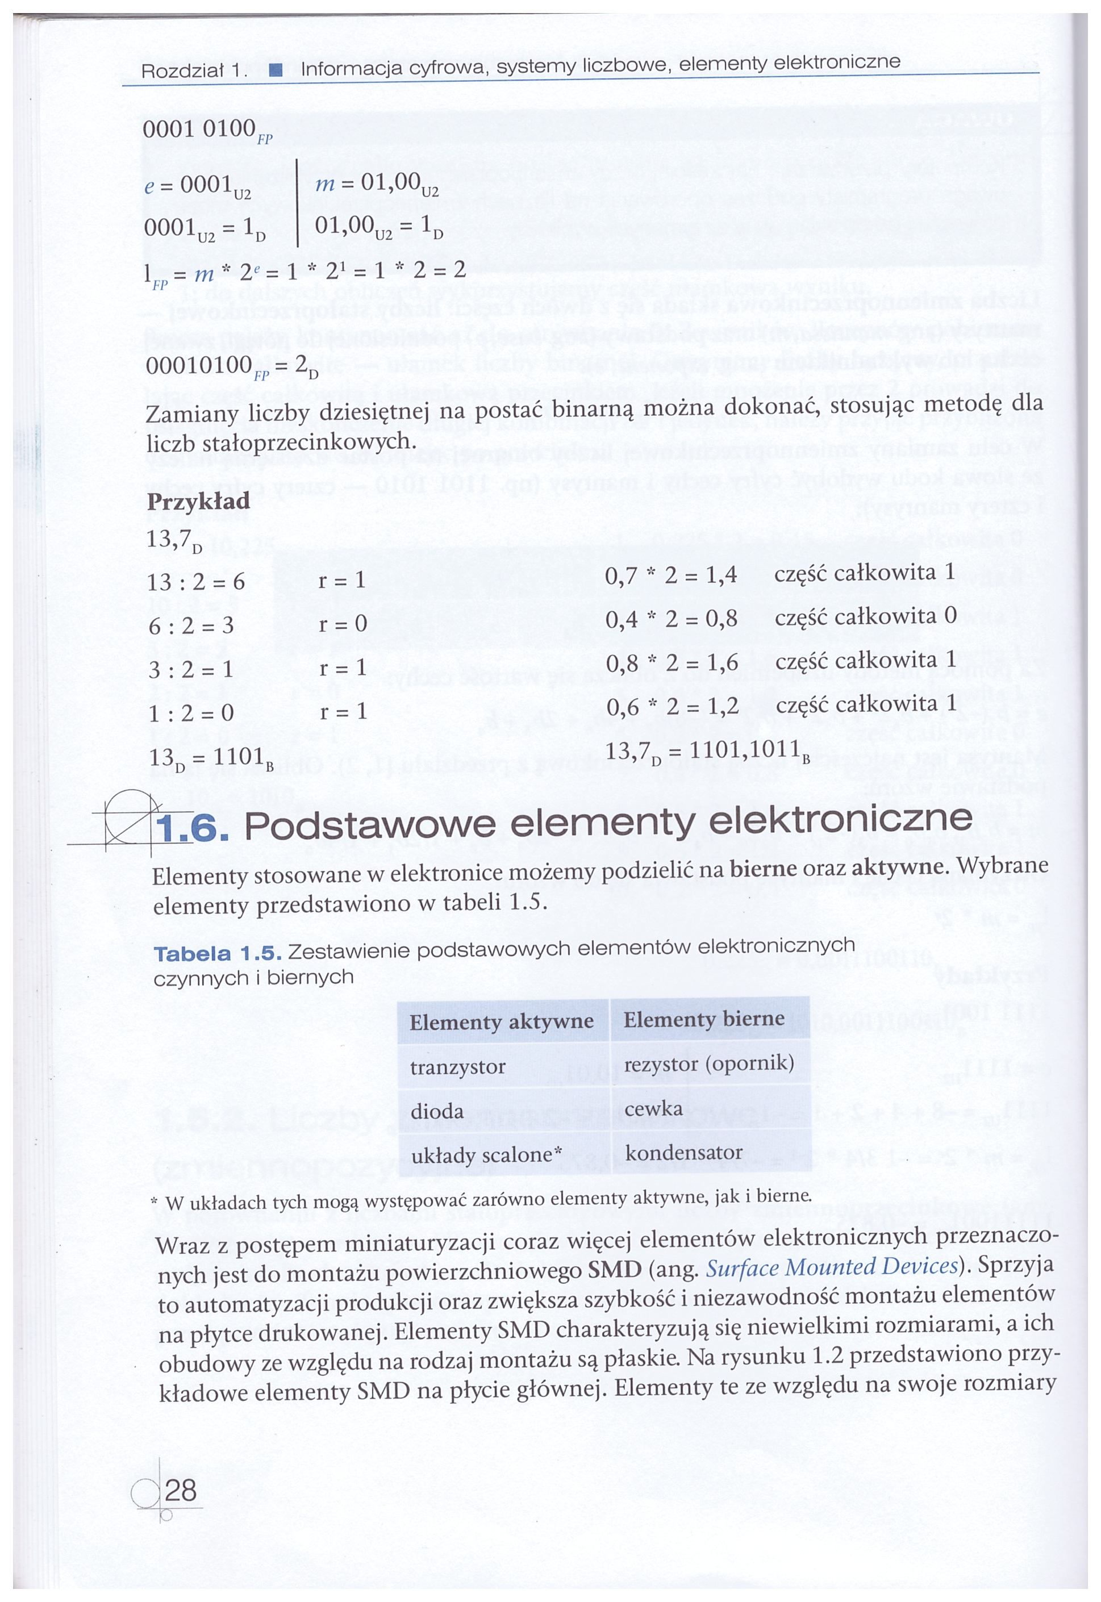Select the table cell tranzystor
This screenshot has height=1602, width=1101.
point(457,1067)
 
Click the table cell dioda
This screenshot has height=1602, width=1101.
point(437,1112)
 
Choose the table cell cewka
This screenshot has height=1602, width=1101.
point(653,1109)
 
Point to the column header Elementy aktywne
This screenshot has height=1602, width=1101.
point(502,1022)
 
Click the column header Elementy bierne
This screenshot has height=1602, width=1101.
point(704,1019)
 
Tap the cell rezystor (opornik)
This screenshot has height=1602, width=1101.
point(708,1064)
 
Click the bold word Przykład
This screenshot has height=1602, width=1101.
point(198,502)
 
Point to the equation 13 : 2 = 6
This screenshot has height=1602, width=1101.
point(197,582)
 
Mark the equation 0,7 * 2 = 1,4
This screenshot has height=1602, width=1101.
point(670,574)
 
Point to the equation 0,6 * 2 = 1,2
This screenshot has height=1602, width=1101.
point(672,707)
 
